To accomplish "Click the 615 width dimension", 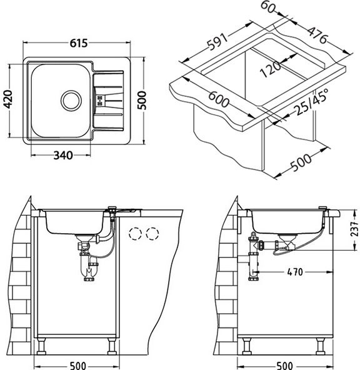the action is (79, 43).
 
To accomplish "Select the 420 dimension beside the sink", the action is (9, 99).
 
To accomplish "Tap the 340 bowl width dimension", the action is (63, 155).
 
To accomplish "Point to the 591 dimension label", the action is (217, 41).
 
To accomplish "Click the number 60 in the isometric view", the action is (267, 7).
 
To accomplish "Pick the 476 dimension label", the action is (317, 35).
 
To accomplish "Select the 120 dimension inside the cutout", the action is (271, 68).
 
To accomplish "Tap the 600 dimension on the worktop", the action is (219, 99).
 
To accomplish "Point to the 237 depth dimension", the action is (354, 229).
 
